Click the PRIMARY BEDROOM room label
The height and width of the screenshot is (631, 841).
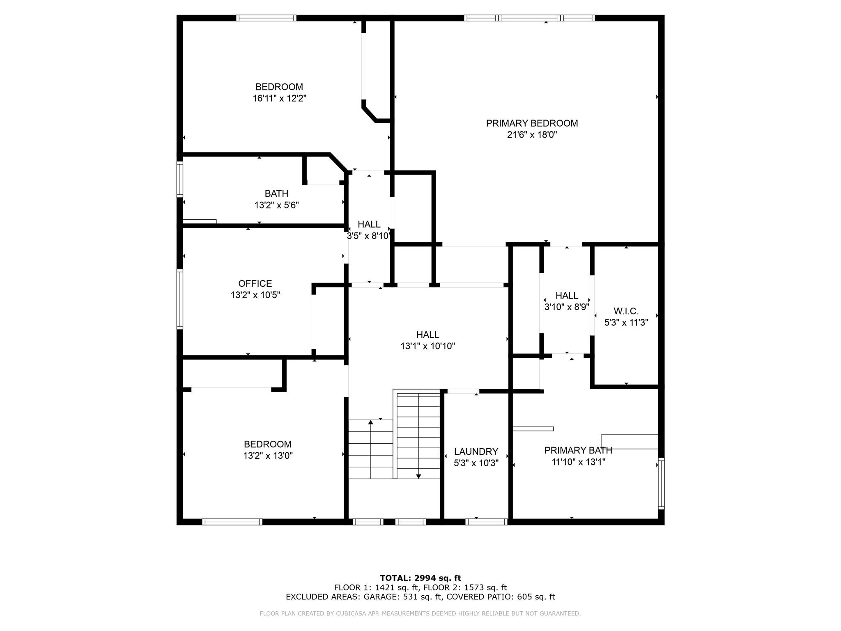pos(532,123)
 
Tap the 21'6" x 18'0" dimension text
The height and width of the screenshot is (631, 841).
pos(532,135)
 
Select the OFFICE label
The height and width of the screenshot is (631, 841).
pos(255,283)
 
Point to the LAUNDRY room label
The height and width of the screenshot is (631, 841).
pos(476,452)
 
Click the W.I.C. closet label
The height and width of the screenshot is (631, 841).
pos(626,311)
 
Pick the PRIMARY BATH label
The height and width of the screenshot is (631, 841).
pos(578,450)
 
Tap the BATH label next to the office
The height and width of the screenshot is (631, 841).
pos(276,193)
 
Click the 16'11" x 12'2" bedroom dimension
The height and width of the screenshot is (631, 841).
pos(280,99)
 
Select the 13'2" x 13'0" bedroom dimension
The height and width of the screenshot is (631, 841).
pos(268,456)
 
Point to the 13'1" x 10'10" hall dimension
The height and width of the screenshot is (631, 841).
pos(427,346)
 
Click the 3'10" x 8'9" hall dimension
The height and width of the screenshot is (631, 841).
pos(567,307)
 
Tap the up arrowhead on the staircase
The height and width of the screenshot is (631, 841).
pos(371,422)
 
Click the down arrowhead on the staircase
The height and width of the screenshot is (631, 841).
pos(418,476)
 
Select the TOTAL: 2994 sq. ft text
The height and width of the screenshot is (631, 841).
pos(420,578)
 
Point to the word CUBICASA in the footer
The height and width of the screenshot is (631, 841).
pos(352,614)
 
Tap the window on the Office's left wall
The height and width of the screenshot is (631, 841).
pos(180,299)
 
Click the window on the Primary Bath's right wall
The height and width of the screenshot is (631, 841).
pos(661,484)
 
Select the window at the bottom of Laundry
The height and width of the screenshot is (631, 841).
pos(487,522)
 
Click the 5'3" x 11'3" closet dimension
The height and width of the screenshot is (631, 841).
pos(626,323)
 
